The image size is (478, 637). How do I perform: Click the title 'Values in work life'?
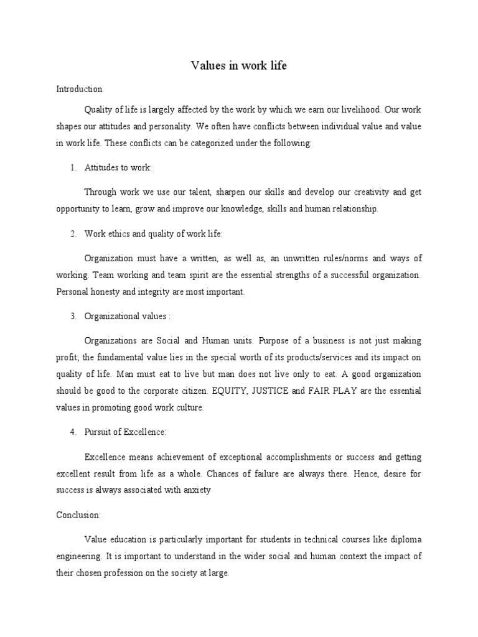point(238,65)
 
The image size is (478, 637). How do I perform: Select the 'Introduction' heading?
point(79,90)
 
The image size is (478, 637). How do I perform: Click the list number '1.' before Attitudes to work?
point(73,168)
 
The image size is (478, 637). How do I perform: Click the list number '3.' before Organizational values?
point(73,317)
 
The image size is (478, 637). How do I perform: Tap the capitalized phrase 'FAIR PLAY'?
point(334,391)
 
